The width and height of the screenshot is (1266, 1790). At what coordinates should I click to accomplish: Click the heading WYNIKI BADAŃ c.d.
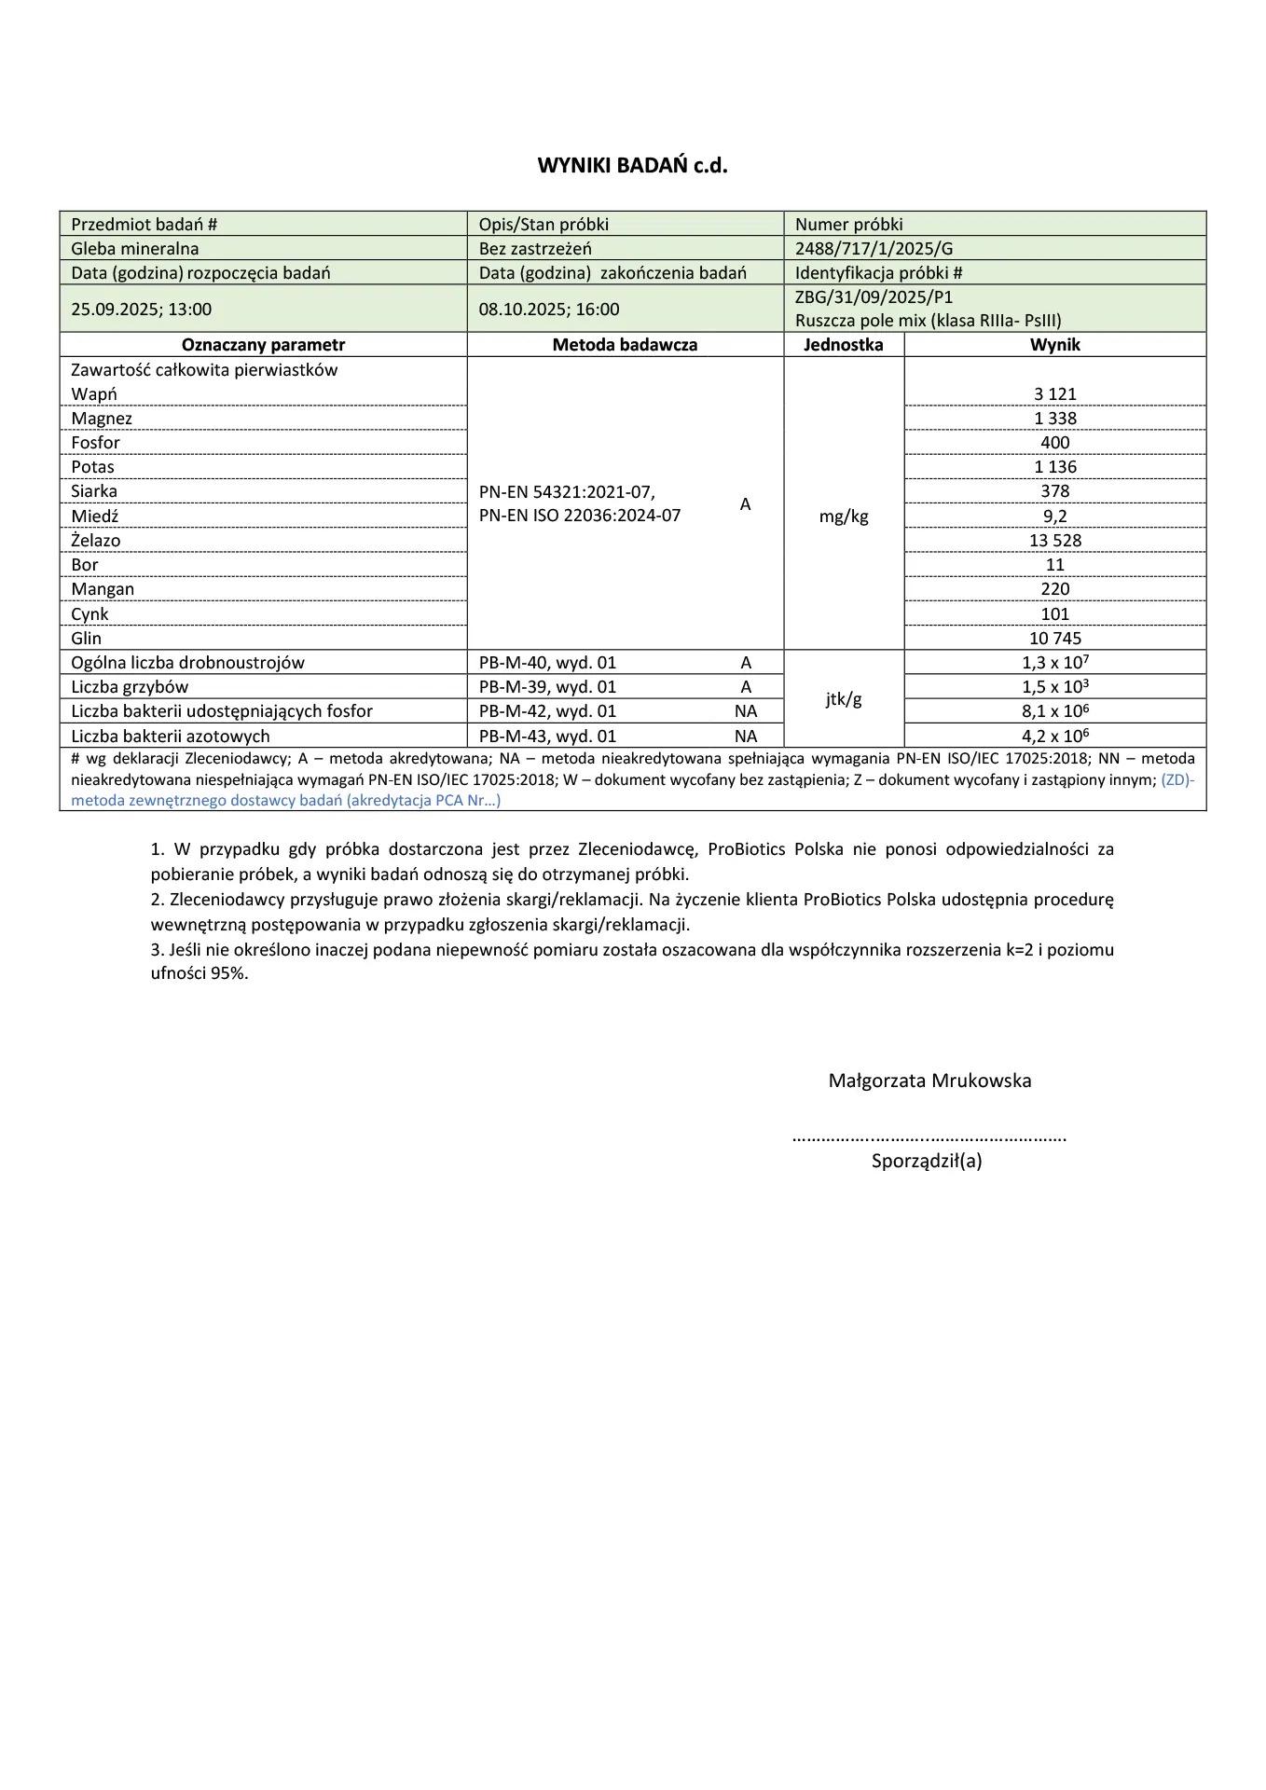coord(632,166)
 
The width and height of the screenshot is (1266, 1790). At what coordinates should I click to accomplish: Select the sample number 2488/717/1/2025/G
coord(874,249)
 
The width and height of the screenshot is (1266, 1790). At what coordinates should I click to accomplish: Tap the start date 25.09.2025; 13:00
coord(142,310)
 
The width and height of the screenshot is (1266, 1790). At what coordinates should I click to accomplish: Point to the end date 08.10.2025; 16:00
coord(549,310)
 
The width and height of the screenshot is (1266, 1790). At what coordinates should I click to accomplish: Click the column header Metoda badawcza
coord(625,345)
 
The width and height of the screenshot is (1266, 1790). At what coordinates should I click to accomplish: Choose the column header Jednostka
coord(843,345)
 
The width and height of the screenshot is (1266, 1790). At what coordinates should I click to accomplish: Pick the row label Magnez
coord(102,419)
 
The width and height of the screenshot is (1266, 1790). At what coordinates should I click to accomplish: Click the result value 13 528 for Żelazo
coord(1054,541)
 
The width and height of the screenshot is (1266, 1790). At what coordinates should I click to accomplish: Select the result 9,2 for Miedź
coord(1054,516)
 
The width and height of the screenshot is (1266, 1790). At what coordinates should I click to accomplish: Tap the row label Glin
coord(87,639)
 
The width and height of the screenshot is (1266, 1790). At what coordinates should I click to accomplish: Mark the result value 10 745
coord(1054,639)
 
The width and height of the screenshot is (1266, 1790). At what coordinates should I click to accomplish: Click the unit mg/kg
coord(844,516)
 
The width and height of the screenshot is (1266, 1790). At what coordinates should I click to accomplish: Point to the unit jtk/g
coord(844,699)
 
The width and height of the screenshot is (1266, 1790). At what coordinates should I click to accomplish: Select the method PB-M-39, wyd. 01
coord(547,687)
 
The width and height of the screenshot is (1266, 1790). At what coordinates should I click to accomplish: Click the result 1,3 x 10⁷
coord(1054,663)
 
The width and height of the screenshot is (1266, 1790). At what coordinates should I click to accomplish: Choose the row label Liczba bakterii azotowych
coord(171,737)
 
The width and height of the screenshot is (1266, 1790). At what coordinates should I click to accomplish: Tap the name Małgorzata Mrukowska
coord(929,1081)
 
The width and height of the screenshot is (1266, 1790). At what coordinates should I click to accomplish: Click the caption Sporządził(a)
coord(927,1162)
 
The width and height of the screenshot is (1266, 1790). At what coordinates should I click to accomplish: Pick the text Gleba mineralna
coord(135,249)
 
